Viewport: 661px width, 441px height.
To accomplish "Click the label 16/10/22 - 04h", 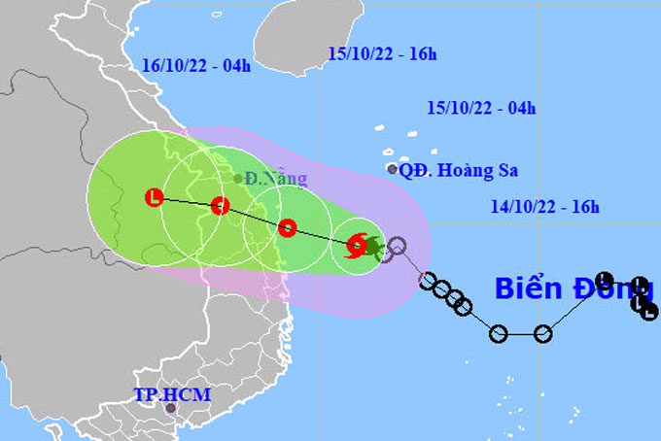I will click(191, 66).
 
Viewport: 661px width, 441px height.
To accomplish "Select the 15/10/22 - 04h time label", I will click(482, 108).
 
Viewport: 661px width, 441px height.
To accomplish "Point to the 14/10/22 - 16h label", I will click(545, 206).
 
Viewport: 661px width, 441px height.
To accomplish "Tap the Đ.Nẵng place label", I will click(276, 179).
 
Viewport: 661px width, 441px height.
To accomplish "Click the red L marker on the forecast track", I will click(154, 198).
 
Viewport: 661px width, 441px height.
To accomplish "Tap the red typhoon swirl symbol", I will click(357, 246).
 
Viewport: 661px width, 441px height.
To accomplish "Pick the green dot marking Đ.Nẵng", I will click(238, 179).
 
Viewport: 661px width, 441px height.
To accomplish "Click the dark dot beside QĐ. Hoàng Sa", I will click(393, 169).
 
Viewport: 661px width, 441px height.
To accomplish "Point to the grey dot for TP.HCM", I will click(172, 408).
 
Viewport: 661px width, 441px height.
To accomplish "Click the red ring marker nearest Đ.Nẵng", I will click(220, 205).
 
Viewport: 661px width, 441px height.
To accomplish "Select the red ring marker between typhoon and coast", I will click(287, 228).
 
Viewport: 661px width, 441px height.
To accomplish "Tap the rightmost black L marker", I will click(649, 311).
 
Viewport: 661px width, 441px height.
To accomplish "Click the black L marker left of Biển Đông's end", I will click(603, 279).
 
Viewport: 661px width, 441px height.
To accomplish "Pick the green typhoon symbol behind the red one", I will click(371, 247).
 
